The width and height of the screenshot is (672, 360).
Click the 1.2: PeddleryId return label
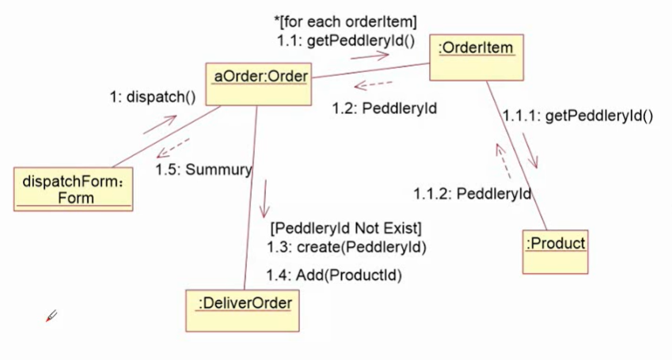[x=384, y=109]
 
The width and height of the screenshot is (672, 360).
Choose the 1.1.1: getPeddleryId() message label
[x=577, y=116]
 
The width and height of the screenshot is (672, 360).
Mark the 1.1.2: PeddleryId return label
[x=472, y=193]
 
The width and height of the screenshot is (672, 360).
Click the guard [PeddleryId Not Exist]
[x=346, y=229]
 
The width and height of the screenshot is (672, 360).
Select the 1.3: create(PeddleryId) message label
[x=346, y=248]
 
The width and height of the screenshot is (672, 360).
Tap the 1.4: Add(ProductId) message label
[x=333, y=275]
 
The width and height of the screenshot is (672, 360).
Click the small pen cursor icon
[x=51, y=316]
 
